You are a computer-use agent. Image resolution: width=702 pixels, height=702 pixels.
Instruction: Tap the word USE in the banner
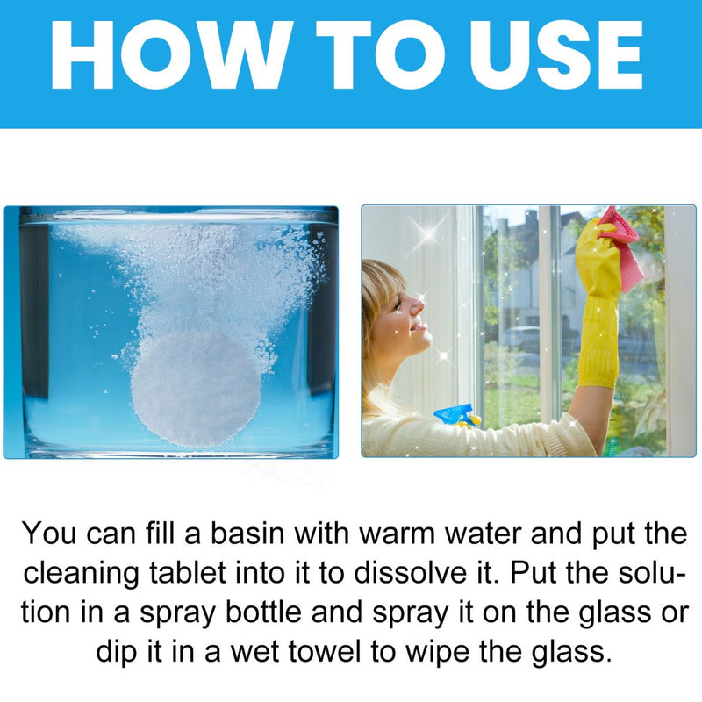pos(556,54)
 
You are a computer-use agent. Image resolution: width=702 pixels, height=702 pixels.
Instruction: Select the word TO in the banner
pos(381,54)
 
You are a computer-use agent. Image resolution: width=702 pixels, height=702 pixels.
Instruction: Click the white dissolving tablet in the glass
pos(196,388)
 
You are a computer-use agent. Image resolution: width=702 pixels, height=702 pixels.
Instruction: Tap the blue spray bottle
pos(456,415)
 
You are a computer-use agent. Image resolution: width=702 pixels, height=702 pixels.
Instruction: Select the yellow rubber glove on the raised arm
pos(598,304)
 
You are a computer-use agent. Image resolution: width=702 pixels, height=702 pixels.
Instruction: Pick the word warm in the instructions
pos(398,534)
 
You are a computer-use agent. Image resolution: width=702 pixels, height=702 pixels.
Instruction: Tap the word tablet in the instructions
pos(187,573)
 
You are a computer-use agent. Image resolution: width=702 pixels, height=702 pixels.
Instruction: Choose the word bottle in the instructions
pos(263,612)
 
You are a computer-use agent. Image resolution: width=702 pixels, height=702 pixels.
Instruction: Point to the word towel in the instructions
pos(325,651)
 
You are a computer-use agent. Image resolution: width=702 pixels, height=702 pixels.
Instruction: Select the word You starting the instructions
pos(49,534)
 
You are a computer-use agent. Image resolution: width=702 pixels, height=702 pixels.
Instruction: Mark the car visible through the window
pos(521,338)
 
